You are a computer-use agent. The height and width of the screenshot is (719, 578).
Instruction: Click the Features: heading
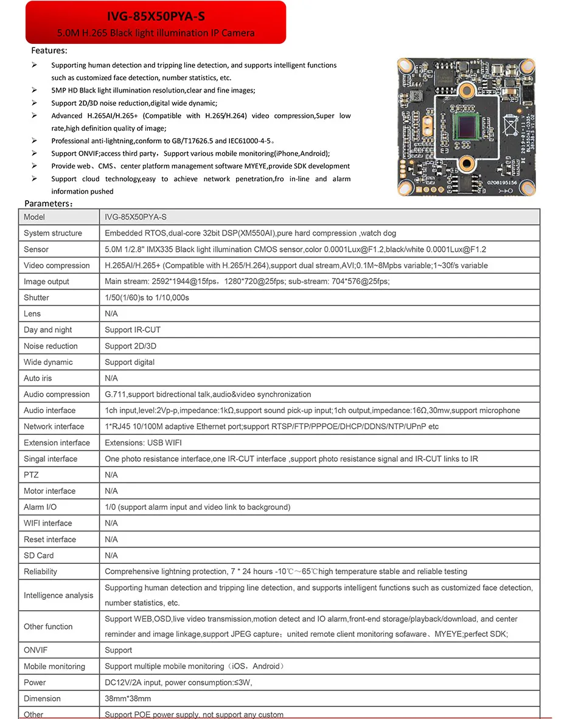coord(49,50)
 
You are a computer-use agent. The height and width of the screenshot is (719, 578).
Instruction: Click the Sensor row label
coord(37,249)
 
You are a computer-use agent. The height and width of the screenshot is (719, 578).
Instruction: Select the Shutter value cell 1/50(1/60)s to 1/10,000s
coord(147,297)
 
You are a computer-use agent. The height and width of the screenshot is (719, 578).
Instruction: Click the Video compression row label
coord(57,265)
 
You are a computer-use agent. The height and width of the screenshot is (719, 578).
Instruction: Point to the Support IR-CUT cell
coord(133,330)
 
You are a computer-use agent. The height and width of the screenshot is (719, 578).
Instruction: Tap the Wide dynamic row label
coord(48,362)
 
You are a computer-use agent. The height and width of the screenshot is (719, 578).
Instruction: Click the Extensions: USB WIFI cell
coord(143,443)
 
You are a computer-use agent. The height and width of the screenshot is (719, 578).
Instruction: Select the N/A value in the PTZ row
coord(111,475)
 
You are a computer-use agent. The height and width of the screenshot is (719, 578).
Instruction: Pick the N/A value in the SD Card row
coord(111,555)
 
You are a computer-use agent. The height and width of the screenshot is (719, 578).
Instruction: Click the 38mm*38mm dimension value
coord(128,699)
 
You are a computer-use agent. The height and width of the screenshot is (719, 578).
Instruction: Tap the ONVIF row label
coord(35,650)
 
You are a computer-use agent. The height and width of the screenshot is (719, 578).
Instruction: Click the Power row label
coord(35,683)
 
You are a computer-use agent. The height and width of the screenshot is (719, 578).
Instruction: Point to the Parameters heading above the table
coord(49,203)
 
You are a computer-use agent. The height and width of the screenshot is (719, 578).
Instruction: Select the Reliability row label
coord(40,572)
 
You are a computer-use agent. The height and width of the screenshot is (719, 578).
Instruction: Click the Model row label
coord(34,217)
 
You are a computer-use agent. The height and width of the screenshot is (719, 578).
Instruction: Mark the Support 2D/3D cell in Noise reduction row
coord(130,346)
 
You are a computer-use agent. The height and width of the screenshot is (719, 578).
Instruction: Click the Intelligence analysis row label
coord(58,596)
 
